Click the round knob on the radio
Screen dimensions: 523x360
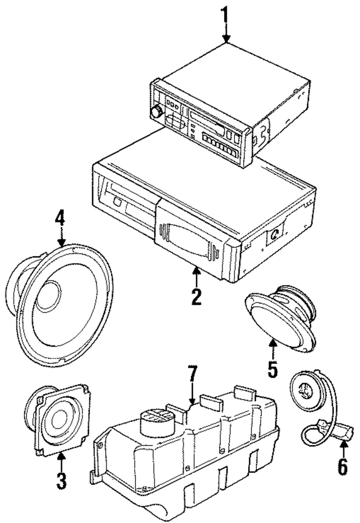157,112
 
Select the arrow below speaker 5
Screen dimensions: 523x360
273,348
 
